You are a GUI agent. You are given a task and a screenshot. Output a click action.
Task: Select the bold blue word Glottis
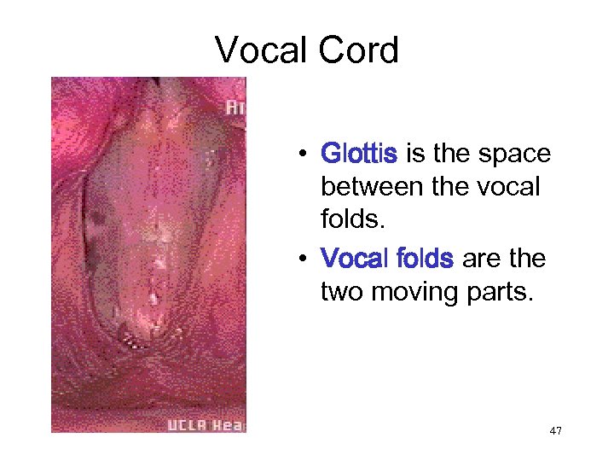click(x=358, y=154)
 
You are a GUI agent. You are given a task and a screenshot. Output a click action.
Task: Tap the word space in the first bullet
click(x=514, y=154)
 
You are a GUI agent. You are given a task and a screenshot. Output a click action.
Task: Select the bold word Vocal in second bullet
click(x=353, y=258)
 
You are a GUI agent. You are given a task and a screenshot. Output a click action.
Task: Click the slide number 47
click(x=555, y=432)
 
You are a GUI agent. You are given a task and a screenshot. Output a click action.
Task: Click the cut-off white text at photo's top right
click(x=235, y=108)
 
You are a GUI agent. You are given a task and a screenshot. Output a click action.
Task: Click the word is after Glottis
click(x=415, y=154)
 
